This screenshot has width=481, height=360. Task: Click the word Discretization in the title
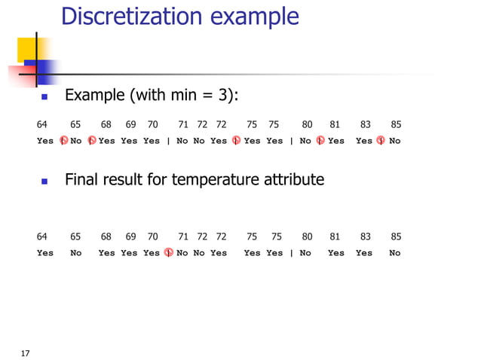(x=124, y=17)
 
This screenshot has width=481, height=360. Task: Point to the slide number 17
(x=26, y=353)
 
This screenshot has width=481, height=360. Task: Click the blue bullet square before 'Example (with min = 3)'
(x=44, y=97)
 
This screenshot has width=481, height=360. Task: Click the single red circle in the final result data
(x=168, y=253)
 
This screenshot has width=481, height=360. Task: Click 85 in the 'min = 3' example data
(x=396, y=124)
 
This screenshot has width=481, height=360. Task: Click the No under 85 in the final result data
(x=395, y=254)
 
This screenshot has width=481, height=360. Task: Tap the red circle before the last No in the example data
(x=381, y=141)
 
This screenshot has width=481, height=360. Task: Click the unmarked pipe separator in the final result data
(x=291, y=254)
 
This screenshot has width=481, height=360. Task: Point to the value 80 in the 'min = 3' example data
(x=307, y=124)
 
